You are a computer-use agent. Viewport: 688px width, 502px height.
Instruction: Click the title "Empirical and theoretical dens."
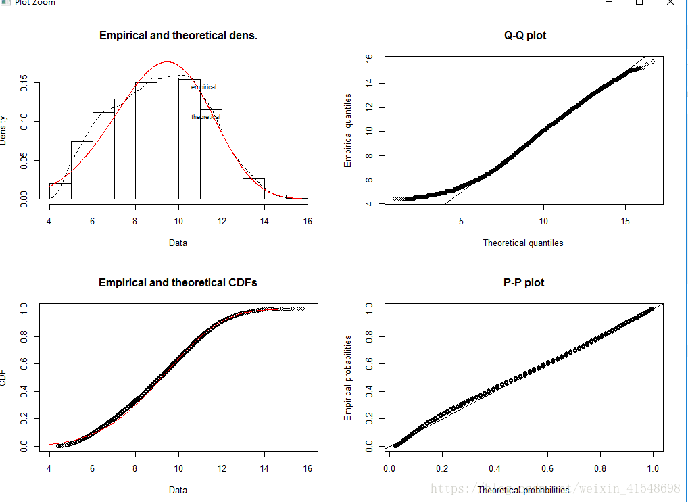pos(178,35)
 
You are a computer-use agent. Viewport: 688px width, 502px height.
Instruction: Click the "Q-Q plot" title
pos(525,35)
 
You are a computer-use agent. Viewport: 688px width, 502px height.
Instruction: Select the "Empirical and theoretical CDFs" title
pos(178,282)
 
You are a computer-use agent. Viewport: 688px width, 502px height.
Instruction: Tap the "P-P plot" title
pos(524,282)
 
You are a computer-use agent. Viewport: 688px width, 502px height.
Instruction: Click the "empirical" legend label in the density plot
pos(204,87)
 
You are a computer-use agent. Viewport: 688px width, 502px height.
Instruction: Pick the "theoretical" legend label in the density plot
pos(206,117)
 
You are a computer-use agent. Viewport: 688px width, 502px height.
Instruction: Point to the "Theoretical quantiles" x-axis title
pos(523,243)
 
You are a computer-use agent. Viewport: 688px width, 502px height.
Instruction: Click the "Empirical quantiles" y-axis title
pos(348,131)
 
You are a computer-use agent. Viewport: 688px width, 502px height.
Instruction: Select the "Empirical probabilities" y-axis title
pos(348,378)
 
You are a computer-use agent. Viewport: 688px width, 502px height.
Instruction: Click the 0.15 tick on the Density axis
pos(24,83)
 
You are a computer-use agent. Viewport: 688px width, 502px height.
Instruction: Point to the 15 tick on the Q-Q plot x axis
pos(626,221)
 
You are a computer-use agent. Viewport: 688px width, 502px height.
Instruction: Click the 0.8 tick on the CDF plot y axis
pos(24,336)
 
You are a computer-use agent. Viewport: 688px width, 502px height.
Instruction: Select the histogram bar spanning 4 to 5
pos(60,191)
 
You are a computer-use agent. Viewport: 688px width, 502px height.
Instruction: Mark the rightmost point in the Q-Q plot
pos(652,61)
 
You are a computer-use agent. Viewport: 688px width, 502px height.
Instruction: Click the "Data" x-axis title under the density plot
pos(178,243)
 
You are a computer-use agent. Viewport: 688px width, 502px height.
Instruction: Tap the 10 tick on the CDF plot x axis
pos(178,468)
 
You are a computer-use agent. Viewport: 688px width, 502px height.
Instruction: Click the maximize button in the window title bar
pos(639,3)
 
